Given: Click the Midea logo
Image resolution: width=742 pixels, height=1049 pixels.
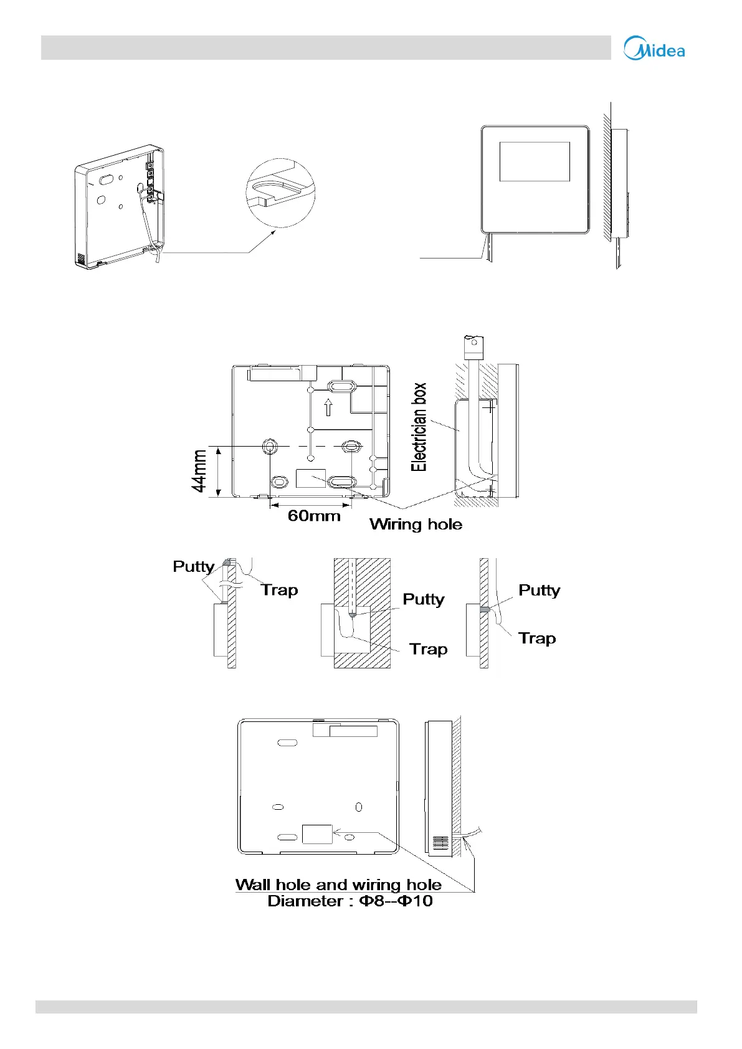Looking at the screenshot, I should pos(654,49).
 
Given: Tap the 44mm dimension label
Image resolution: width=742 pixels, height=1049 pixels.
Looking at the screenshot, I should pos(200,471).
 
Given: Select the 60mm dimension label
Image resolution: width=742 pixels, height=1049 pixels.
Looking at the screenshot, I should pos(314,516).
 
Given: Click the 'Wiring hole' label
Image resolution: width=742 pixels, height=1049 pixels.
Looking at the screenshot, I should pos(416,524).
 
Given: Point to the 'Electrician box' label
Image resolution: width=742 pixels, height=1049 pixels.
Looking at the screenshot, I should pos(419,427).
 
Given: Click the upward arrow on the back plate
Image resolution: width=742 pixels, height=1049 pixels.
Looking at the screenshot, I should pos(328,408).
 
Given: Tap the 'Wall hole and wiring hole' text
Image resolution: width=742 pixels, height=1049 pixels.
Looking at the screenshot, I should pos(338,885).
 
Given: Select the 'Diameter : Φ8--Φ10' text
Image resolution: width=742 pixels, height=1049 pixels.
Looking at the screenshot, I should pos(350,901).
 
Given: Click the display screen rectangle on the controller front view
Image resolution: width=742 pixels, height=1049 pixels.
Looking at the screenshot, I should pos(535,161).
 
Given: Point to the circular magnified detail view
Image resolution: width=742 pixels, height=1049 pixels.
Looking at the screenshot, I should pos(280,193).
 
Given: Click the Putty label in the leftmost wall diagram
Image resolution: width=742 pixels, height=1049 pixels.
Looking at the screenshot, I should pos(193,566).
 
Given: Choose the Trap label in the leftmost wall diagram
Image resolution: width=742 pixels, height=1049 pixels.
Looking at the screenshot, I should pos(279,590).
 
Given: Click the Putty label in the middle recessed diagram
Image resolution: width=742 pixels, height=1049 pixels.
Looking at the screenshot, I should pos(424,599).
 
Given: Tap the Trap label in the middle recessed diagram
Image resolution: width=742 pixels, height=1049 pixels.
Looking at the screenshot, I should pos(429,649).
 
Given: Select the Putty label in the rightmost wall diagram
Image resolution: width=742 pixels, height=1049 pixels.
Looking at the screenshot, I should pos(539,590).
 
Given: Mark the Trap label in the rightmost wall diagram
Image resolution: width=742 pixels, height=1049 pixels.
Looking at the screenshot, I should pos(537,638).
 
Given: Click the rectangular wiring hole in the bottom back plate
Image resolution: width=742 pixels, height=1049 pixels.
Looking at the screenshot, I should pos(317,834).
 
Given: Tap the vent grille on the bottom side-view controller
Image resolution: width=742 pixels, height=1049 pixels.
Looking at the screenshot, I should pos(440,843).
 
